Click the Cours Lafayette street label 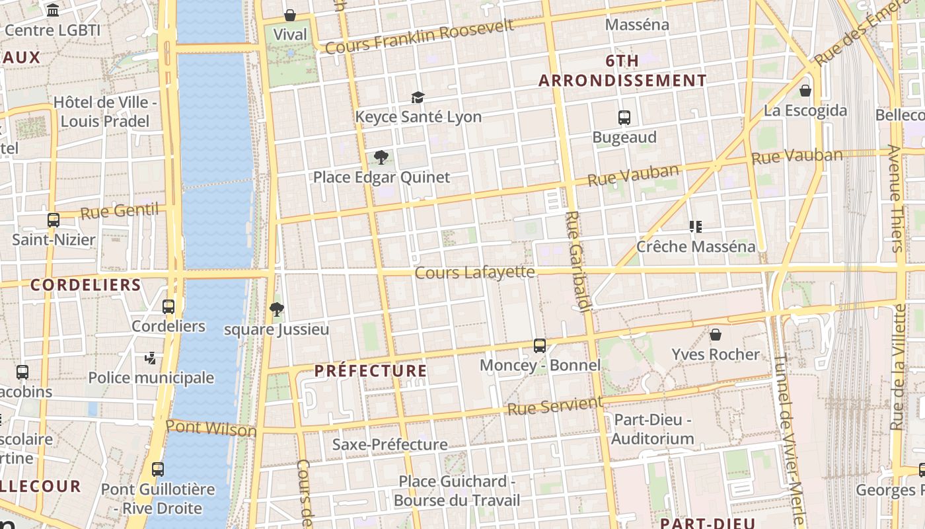coord(474,272)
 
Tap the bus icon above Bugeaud coord(624,118)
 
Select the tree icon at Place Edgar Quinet coord(381,157)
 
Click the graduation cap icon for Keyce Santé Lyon coord(418,98)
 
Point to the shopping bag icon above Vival coord(289,15)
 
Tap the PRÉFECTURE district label coord(371,370)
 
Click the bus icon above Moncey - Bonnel coord(540,345)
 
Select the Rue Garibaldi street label coord(578,261)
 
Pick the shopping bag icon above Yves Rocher coord(716,335)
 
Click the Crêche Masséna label coord(696,247)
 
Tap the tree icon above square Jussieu coord(276,309)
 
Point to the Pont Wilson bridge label coord(211,428)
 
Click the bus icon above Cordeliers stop coord(168,306)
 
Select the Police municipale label coord(151,378)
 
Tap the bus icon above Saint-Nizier coord(54,220)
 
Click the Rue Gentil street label coord(120,212)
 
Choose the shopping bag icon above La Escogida coord(805,91)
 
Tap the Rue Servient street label coord(555,406)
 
